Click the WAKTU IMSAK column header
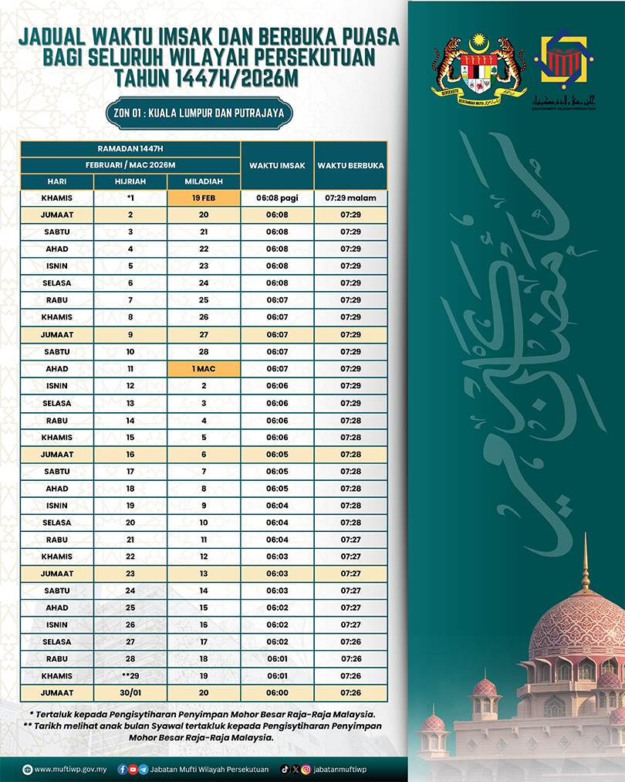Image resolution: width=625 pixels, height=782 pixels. click(277, 165)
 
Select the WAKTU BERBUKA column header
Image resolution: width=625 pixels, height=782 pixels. click(350, 165)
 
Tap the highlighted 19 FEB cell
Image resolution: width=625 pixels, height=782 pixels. click(204, 198)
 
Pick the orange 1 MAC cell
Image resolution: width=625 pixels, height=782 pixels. click(204, 369)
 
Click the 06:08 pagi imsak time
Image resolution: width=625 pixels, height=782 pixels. click(277, 198)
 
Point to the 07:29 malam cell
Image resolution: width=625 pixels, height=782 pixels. click(350, 198)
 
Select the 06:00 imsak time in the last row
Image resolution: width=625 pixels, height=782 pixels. click(277, 692)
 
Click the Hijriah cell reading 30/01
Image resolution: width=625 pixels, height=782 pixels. click(130, 692)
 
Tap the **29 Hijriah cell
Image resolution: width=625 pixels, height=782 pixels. click(130, 675)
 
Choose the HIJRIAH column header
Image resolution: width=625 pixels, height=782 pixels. click(130, 181)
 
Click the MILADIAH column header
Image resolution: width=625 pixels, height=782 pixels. click(204, 181)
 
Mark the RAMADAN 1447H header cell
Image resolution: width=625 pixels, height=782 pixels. click(130, 148)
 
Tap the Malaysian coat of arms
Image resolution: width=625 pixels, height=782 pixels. click(479, 67)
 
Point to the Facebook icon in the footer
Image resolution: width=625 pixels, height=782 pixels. click(123, 769)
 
